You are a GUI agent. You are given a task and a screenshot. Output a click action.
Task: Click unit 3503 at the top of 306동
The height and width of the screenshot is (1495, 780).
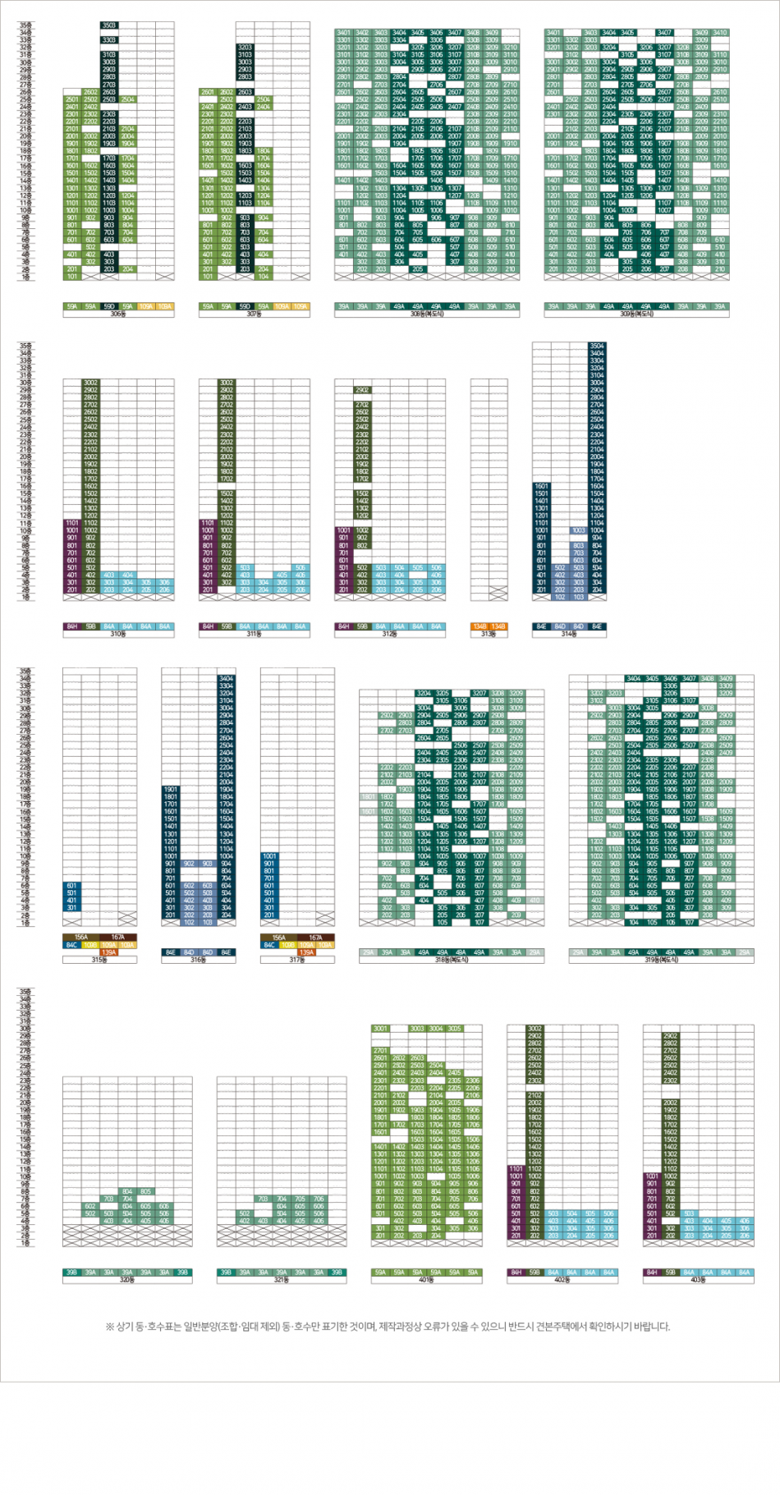[x=109, y=25]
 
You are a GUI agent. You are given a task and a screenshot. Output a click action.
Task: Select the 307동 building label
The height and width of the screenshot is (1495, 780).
[x=254, y=314]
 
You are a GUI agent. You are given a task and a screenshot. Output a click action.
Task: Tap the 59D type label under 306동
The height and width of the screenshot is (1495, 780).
[x=109, y=306]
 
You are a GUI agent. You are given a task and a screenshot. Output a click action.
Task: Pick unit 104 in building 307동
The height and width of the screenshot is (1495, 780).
[x=263, y=277]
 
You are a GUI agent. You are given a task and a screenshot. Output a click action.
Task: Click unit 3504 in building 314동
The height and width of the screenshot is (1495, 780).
[x=597, y=346]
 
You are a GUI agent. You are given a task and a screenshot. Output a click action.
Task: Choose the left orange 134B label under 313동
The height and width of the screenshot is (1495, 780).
[x=479, y=626]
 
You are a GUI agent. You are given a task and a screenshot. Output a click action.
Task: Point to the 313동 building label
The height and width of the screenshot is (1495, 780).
[x=489, y=634]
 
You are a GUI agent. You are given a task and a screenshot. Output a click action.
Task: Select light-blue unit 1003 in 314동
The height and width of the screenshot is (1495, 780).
[x=579, y=530]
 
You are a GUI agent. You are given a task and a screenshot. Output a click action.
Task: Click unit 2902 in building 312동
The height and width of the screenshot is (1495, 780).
[x=362, y=390]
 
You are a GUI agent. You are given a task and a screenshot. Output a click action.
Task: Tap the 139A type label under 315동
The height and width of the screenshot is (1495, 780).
[x=108, y=952]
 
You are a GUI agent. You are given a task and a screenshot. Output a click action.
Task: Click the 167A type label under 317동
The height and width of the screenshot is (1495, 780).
[x=315, y=938]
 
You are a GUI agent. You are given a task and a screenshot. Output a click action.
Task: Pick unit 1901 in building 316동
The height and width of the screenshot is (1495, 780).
[x=170, y=789]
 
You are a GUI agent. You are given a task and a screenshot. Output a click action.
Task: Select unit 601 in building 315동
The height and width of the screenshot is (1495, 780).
[x=72, y=886]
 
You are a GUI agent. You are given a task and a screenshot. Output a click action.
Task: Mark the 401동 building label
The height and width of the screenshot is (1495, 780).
[x=426, y=1279]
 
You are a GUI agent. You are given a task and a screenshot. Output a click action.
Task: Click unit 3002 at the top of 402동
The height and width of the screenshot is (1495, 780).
[x=535, y=1028]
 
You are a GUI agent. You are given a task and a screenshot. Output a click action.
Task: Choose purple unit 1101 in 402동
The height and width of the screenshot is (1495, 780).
[x=516, y=1168]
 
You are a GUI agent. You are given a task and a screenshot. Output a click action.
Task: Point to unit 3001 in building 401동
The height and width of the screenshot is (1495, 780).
[x=380, y=1028]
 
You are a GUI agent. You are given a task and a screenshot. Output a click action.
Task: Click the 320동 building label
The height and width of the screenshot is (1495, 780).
[x=127, y=1279]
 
